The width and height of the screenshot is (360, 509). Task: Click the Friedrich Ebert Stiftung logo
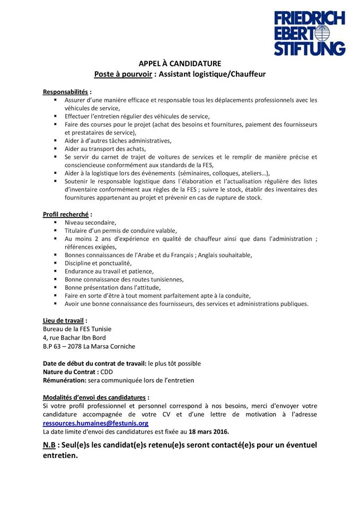click(x=310, y=33)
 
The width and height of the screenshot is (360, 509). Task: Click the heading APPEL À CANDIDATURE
click(x=180, y=64)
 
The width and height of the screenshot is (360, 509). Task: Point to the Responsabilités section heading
click(x=66, y=92)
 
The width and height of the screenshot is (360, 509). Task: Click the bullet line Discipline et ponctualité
click(x=98, y=263)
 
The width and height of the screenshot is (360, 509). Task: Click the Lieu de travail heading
click(x=64, y=320)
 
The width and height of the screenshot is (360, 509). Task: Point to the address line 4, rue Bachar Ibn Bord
click(x=74, y=338)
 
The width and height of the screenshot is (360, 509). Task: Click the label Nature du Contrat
click(x=71, y=372)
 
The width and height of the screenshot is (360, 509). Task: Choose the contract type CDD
click(x=107, y=372)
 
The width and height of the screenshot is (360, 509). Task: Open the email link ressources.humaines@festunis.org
click(x=95, y=423)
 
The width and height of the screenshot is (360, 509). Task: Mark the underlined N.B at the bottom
click(x=49, y=445)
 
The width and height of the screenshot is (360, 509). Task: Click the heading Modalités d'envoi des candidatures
click(x=95, y=397)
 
